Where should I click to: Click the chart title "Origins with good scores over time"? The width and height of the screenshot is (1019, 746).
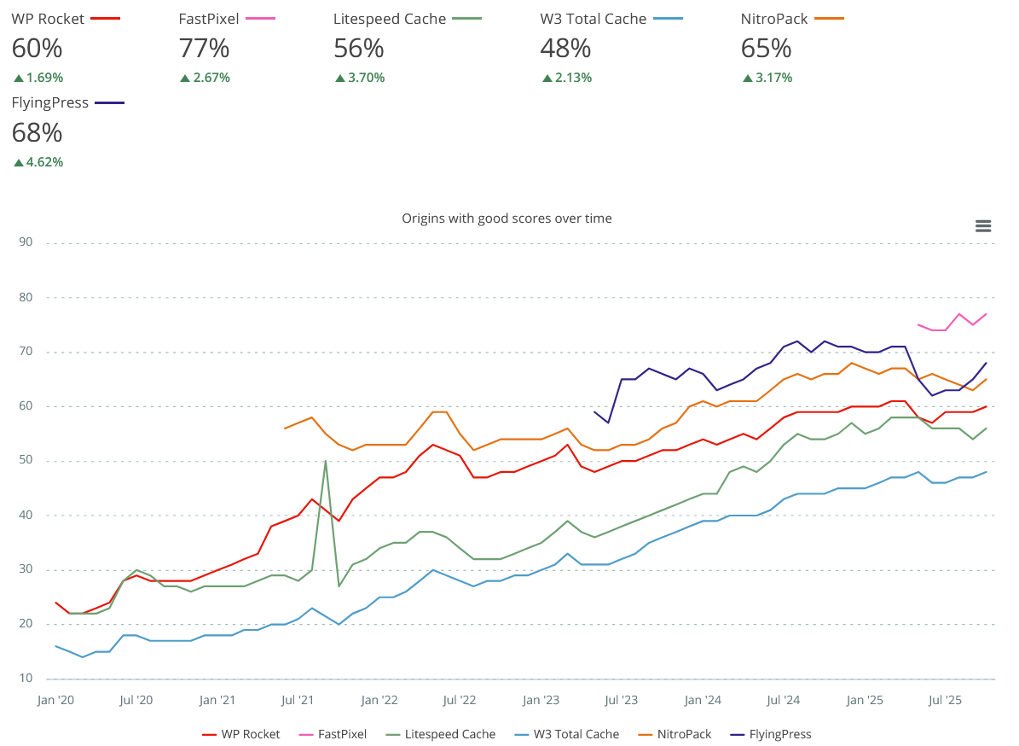click(507, 219)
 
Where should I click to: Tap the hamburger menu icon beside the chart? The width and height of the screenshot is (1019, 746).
click(983, 226)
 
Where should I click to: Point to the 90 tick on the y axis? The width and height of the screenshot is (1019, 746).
click(25, 242)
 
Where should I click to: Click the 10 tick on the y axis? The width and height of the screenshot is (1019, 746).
click(25, 679)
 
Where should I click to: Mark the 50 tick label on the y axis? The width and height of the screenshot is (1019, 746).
click(25, 461)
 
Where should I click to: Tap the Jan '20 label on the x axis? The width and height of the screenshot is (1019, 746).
click(55, 701)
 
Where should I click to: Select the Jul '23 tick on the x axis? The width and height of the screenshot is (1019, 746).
click(622, 701)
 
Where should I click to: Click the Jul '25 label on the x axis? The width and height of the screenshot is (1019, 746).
click(945, 701)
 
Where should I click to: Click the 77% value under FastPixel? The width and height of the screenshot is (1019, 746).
click(204, 48)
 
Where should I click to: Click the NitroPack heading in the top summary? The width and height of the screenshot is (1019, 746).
click(773, 19)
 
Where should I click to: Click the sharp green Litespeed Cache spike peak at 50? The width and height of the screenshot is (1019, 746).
click(326, 461)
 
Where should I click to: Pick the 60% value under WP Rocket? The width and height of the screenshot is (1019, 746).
click(37, 48)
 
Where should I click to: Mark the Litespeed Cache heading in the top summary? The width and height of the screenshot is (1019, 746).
click(390, 19)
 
